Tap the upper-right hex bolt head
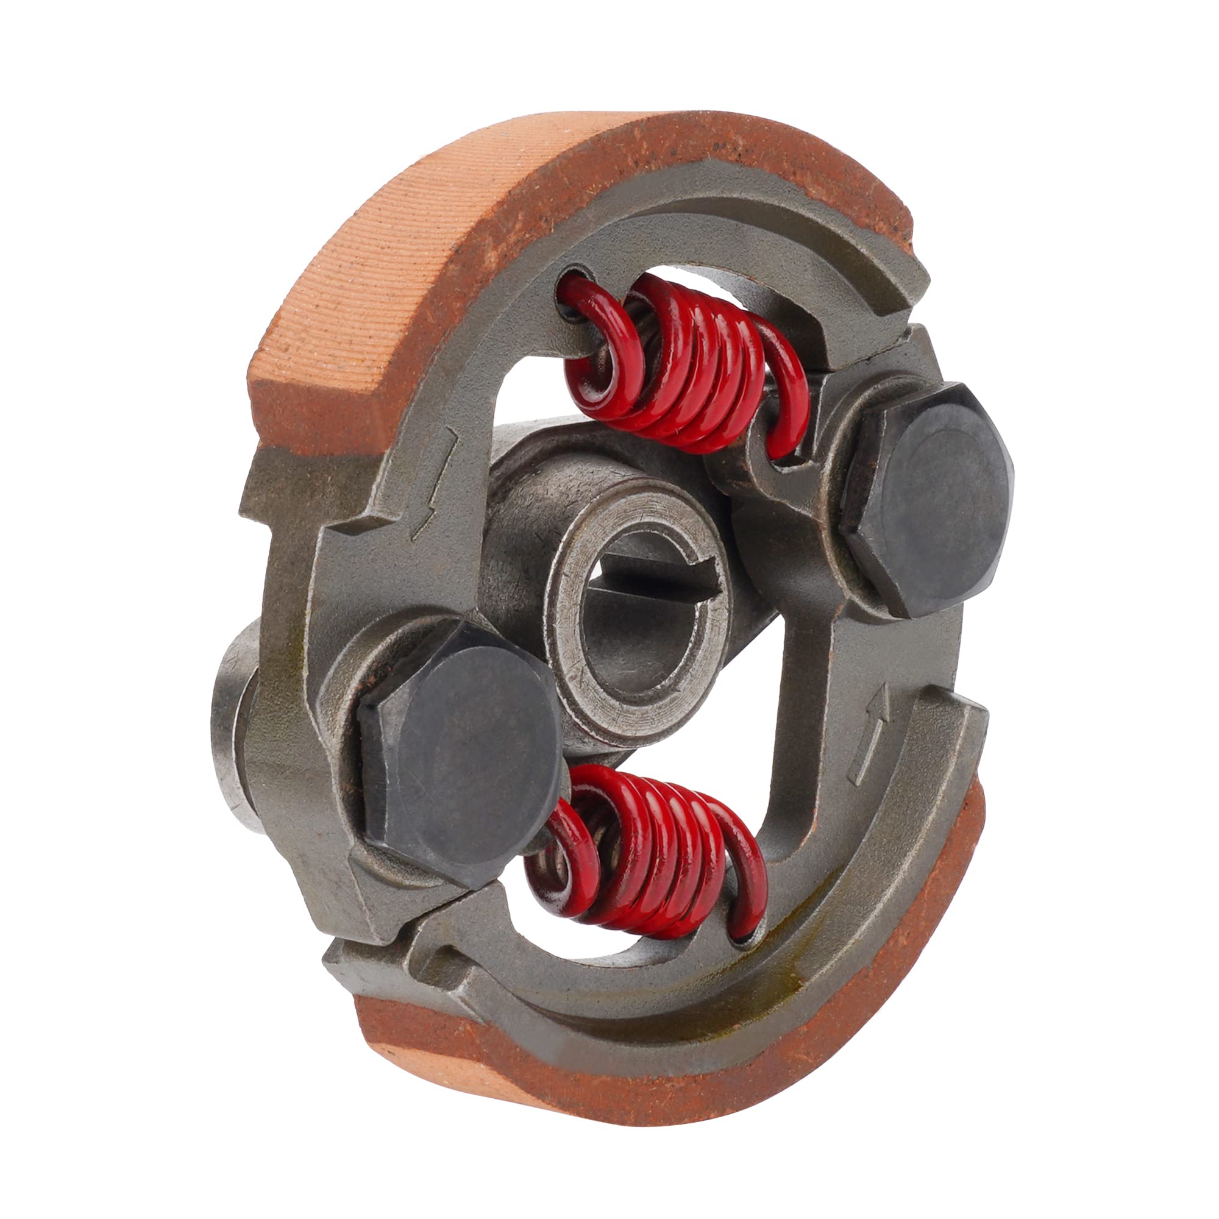(928, 499)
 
